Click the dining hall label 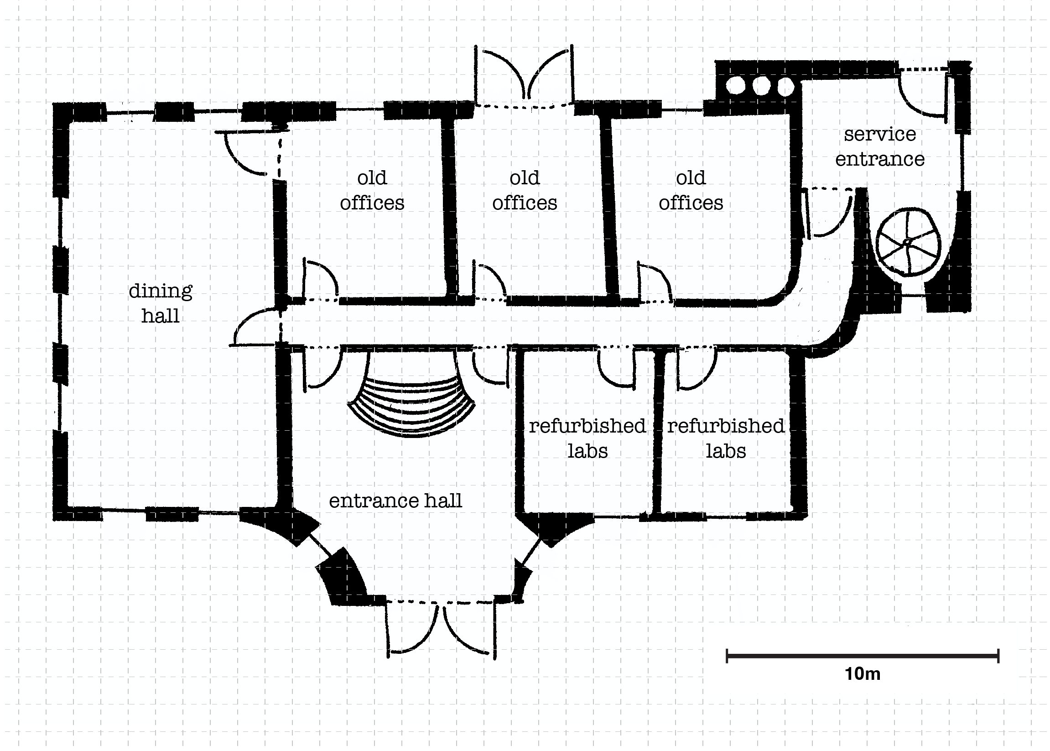[x=160, y=303]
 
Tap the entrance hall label [x=395, y=501]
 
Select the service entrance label [x=879, y=146]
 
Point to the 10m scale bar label [x=862, y=674]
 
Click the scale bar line [x=862, y=655]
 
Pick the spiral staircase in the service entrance [x=908, y=242]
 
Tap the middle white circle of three [x=760, y=86]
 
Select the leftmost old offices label [x=372, y=190]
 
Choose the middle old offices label [x=524, y=190]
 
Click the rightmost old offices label [x=691, y=190]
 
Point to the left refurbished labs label [x=587, y=438]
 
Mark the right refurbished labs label [x=725, y=438]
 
